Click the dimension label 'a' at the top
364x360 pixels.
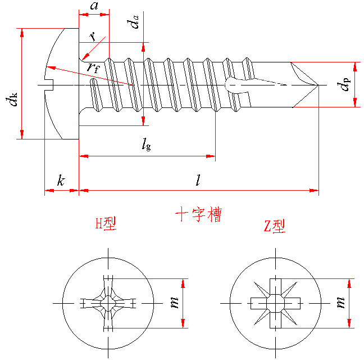94,7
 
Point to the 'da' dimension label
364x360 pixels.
133,22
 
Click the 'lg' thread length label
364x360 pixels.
145,145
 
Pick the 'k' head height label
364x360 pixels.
61,181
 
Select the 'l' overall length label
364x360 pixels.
198,180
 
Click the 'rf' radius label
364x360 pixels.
93,67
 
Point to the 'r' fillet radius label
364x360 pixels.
92,36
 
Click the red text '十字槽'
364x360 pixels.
198,215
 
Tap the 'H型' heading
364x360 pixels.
106,224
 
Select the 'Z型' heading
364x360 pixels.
274,226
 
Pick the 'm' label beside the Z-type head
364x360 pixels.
340,303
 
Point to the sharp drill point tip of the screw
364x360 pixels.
319,85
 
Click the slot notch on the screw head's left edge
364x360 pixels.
48,85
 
